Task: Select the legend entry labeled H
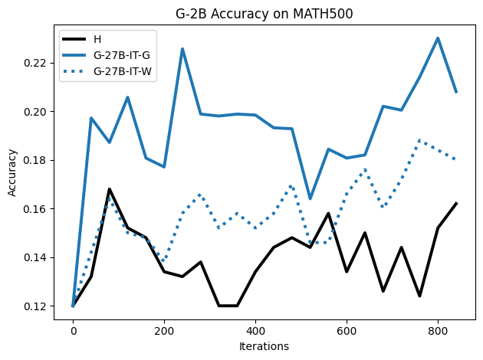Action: (x=97, y=39)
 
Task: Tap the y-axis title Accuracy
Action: (x=11, y=173)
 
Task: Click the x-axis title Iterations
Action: (x=263, y=346)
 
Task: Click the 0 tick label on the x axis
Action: (x=73, y=331)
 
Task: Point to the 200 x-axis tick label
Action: (x=164, y=331)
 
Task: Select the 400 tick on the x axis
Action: (x=255, y=331)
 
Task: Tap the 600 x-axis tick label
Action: (x=347, y=331)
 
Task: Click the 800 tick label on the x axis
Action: (x=438, y=331)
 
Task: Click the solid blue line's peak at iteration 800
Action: (x=438, y=38)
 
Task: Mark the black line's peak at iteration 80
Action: (x=110, y=189)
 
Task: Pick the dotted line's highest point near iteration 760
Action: (x=419, y=140)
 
